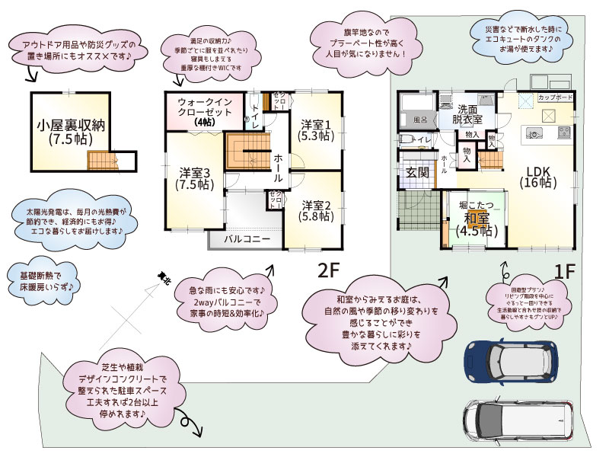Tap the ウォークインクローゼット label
point(204,111)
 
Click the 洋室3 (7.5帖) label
point(195,177)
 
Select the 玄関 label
point(416,172)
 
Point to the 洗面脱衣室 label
point(467,114)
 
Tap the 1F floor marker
point(565,270)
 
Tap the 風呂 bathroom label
point(420,120)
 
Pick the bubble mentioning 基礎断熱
point(43,280)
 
